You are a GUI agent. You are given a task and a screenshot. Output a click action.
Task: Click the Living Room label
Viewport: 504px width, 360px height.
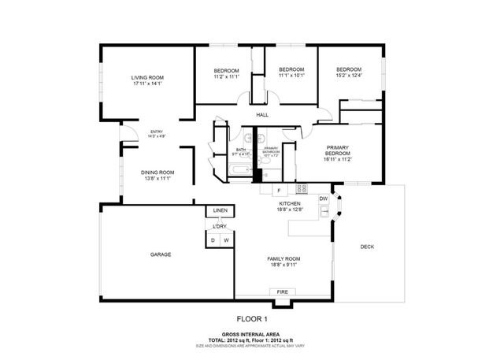pyautogui.click(x=147, y=77)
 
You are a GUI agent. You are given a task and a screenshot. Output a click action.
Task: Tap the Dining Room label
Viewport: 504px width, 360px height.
pyautogui.click(x=157, y=173)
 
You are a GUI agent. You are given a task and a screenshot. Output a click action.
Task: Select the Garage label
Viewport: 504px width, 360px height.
pyautogui.click(x=161, y=254)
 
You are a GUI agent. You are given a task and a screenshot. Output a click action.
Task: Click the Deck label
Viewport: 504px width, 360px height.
pyautogui.click(x=367, y=247)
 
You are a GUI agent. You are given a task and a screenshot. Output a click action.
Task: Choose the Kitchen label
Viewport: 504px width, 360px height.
pyautogui.click(x=290, y=204)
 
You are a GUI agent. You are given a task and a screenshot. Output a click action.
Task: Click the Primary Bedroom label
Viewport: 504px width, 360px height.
pyautogui.click(x=337, y=149)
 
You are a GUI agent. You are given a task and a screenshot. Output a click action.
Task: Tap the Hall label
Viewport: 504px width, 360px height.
pyautogui.click(x=262, y=115)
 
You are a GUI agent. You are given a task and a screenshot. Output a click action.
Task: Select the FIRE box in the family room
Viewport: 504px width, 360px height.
pyautogui.click(x=282, y=292)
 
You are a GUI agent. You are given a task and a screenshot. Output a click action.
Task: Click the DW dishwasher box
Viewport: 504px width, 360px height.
pyautogui.click(x=323, y=199)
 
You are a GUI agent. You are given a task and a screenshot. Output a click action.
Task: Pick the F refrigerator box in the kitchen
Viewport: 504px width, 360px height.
pyautogui.click(x=277, y=191)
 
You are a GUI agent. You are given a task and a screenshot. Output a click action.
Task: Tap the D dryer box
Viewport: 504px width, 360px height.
pyautogui.click(x=213, y=239)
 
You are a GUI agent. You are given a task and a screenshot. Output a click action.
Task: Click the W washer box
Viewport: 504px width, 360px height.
pyautogui.click(x=227, y=239)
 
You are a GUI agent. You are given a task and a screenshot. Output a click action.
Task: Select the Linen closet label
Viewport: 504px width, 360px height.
pyautogui.click(x=220, y=211)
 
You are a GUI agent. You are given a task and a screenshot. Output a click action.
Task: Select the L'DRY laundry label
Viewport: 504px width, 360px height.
pyautogui.click(x=220, y=227)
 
